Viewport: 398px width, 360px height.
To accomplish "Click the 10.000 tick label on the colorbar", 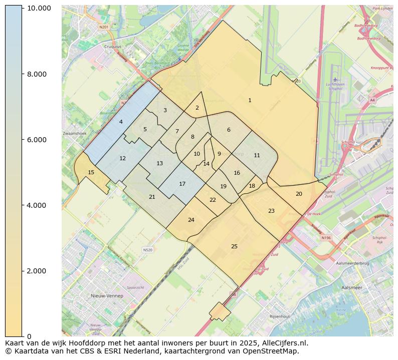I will [x=39, y=9].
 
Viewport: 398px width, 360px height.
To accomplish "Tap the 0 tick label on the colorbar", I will [x=30, y=336].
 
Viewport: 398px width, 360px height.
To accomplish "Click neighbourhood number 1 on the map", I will [x=250, y=101].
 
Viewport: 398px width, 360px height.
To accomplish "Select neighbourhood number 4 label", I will [x=121, y=122].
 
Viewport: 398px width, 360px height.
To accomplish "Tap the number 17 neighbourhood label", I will [x=182, y=184].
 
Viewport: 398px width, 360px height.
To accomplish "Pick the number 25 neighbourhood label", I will [x=234, y=246].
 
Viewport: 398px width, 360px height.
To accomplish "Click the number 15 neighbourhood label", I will [x=91, y=173].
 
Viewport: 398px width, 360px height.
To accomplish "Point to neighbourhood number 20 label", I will [x=299, y=194].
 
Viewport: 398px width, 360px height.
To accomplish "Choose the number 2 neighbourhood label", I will [x=197, y=108].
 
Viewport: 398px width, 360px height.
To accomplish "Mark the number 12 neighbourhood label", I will [x=122, y=158].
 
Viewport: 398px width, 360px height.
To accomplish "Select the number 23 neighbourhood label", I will [x=271, y=211].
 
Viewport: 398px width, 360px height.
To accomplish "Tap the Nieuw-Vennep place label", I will [x=107, y=296].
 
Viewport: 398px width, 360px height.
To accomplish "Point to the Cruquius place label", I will [x=112, y=46].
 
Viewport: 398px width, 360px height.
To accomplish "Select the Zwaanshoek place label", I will [x=75, y=134].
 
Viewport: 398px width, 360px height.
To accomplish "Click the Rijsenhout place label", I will [x=280, y=316].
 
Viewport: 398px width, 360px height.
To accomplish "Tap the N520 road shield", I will [x=147, y=249].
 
